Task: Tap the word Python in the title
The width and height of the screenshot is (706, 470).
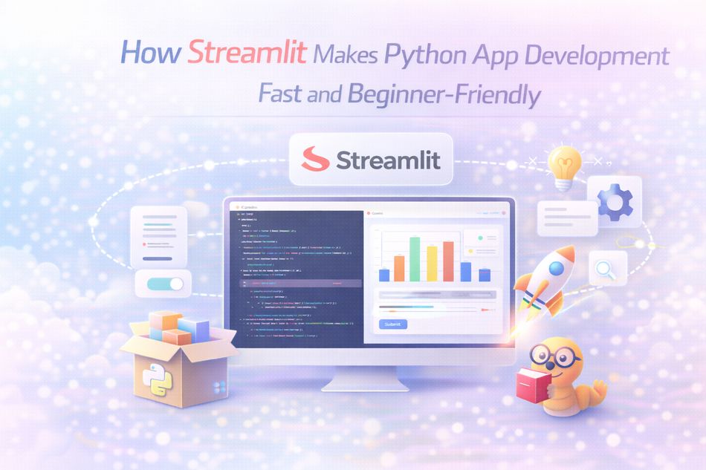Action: tap(426, 56)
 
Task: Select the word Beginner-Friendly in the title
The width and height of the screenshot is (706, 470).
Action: tap(458, 94)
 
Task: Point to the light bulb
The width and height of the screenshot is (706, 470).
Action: tap(563, 165)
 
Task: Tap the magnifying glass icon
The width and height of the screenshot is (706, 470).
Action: tap(607, 269)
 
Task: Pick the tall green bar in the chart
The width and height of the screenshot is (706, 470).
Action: tap(414, 258)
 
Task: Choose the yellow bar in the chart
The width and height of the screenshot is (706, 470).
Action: tap(432, 263)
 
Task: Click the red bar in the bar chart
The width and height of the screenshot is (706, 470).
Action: tap(448, 261)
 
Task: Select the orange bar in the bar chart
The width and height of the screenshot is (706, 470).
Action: tap(399, 268)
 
